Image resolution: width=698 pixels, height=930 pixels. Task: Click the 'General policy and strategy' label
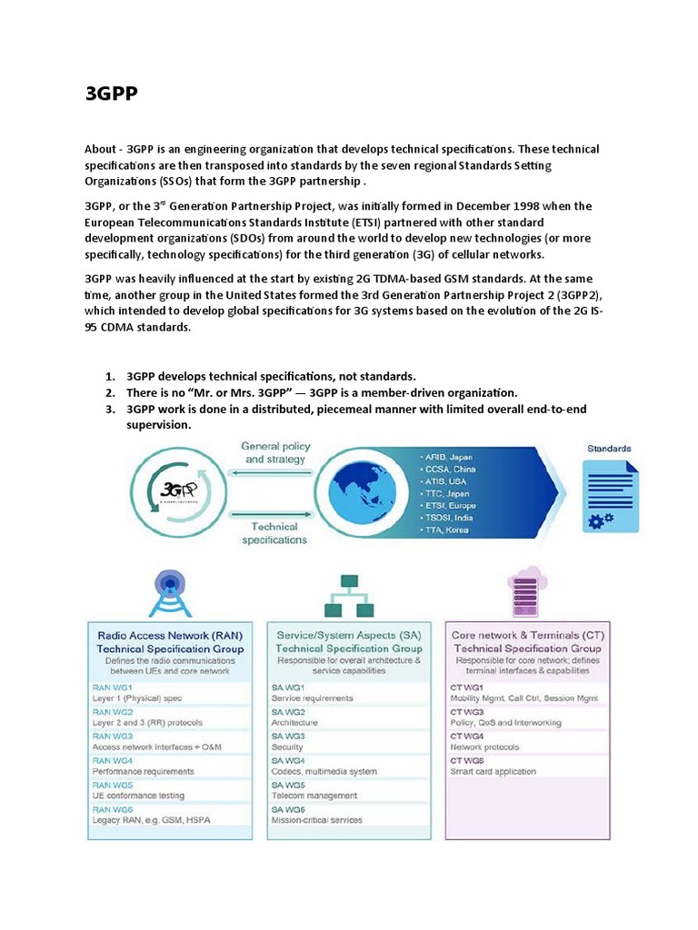pos(275,452)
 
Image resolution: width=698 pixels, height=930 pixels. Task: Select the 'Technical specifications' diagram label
pos(274,532)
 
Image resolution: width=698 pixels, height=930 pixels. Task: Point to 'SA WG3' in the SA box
pos(289,736)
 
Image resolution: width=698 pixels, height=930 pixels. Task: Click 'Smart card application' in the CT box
pos(493,772)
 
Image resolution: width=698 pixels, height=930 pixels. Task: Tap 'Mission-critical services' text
pos(316,820)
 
